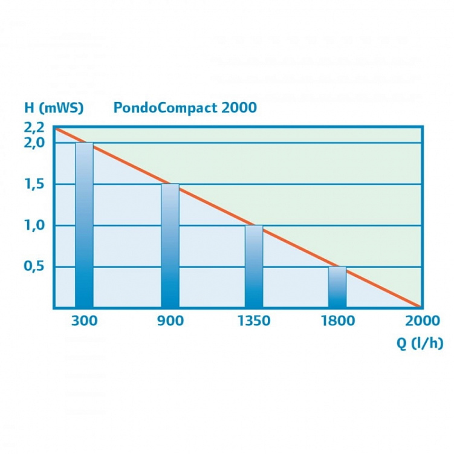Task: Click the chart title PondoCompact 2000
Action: (184, 108)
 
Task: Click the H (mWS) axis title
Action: (54, 108)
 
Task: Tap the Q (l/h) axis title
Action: (420, 343)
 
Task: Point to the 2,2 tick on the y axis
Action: (34, 127)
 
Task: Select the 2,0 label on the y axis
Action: (34, 143)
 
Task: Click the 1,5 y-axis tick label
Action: (34, 184)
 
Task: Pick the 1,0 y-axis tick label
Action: (34, 225)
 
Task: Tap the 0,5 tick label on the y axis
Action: (34, 267)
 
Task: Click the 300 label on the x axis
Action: (84, 321)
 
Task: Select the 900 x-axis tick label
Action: (170, 321)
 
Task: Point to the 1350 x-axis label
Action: (254, 321)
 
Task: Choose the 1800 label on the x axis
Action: (338, 321)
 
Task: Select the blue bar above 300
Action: (84, 225)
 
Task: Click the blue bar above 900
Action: (170, 245)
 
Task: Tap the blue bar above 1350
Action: (254, 266)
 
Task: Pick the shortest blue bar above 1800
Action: (337, 287)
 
